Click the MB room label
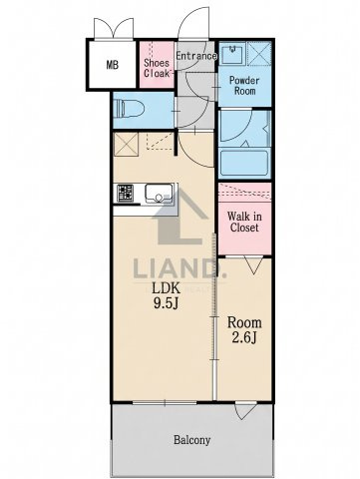tap(113, 65)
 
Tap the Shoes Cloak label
tap(157, 68)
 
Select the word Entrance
tap(196, 56)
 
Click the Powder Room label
tap(244, 86)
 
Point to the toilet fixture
tap(129, 109)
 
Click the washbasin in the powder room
tap(232, 54)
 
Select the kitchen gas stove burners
tap(126, 193)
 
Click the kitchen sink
tap(159, 194)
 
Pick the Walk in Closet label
tap(244, 222)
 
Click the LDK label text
tap(167, 288)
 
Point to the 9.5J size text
tap(167, 303)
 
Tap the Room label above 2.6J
tap(244, 322)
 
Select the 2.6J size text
tap(244, 338)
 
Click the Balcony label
tap(192, 440)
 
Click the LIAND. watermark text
tap(180, 268)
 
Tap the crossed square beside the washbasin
tap(259, 53)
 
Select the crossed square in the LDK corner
tap(126, 144)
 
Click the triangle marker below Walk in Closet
tap(254, 265)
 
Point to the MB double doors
tap(114, 29)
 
